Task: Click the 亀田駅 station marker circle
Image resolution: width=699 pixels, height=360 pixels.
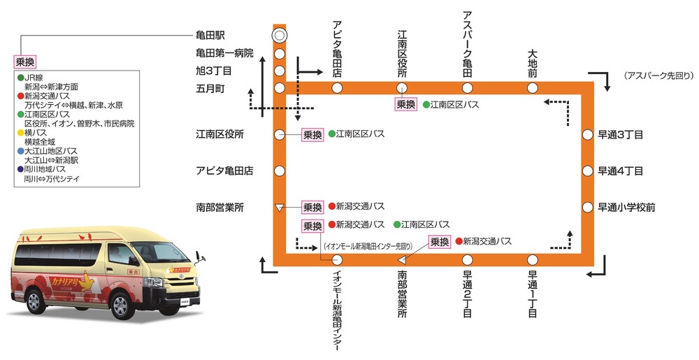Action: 279,35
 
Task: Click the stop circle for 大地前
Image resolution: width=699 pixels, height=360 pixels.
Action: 533,87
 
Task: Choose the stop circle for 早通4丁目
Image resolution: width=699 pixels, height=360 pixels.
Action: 587,170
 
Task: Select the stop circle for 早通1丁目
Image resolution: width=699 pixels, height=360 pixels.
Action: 533,259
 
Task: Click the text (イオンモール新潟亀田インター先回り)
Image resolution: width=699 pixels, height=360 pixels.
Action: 368,245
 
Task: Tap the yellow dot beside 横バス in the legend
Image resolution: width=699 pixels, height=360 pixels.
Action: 21,131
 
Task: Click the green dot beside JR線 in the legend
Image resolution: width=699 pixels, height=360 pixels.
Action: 21,78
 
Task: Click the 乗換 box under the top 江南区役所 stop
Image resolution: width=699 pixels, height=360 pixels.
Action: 405,104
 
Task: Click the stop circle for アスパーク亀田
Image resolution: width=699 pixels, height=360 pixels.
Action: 468,87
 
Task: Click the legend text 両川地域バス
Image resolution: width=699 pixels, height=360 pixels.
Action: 46,169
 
